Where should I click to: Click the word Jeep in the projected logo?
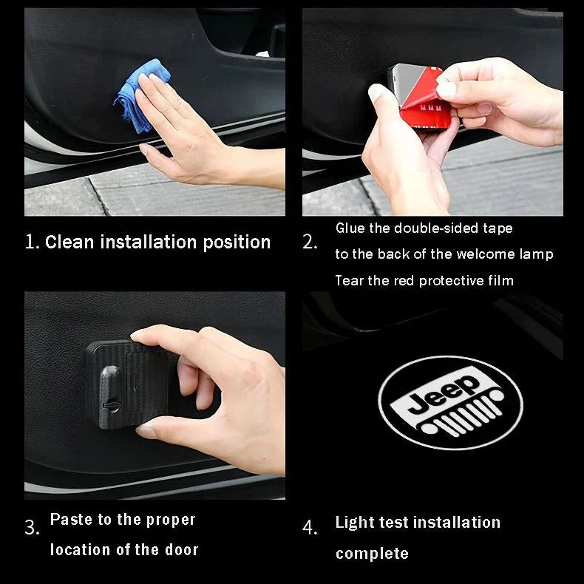[x=444, y=395]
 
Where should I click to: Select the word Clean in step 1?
[x=69, y=242]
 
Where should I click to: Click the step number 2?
[x=310, y=242]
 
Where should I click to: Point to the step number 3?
[x=32, y=527]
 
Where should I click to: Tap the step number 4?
[x=310, y=527]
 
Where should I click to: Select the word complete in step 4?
[x=372, y=554]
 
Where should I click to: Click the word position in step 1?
[x=237, y=242]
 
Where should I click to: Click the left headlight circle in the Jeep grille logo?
[x=429, y=428]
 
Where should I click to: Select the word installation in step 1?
[x=149, y=242]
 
